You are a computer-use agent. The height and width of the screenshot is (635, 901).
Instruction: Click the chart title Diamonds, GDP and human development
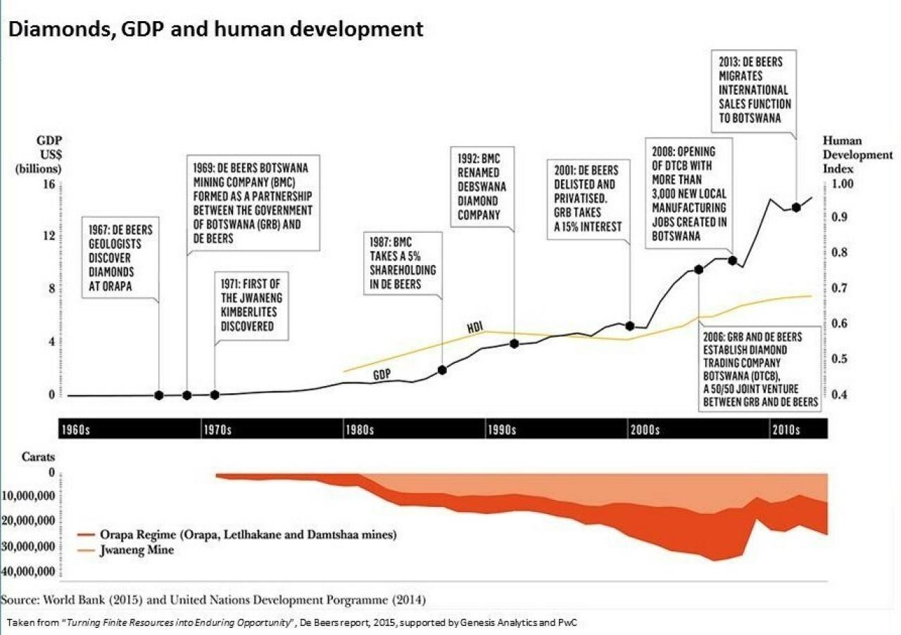pyautogui.click(x=215, y=30)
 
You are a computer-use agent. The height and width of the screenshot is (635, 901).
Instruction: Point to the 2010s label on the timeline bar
pyautogui.click(x=785, y=430)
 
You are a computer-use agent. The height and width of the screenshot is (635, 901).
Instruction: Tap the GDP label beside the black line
pyautogui.click(x=382, y=375)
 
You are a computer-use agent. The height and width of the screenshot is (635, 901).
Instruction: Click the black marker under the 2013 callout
pyautogui.click(x=796, y=207)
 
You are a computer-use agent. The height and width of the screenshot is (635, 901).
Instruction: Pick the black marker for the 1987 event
pyautogui.click(x=442, y=370)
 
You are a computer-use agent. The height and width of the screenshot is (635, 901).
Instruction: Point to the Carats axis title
pyautogui.click(x=38, y=457)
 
